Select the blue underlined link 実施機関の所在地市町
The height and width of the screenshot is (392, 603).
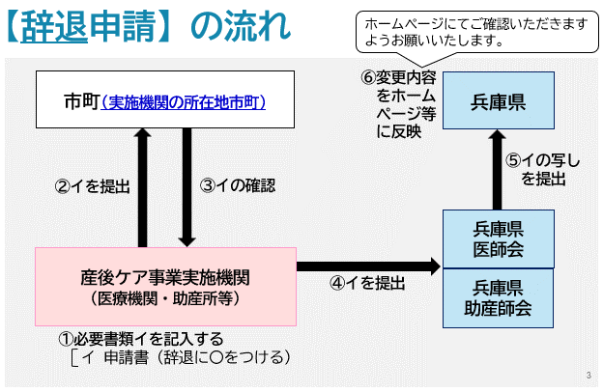pyautogui.click(x=183, y=100)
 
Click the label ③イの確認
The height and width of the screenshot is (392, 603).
pyautogui.click(x=238, y=185)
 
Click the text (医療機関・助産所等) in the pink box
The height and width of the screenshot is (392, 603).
pyautogui.click(x=165, y=298)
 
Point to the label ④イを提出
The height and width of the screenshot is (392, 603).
pyautogui.click(x=367, y=283)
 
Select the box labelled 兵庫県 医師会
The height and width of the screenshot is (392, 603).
pyautogui.click(x=498, y=238)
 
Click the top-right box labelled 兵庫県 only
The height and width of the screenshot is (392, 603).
pyautogui.click(x=498, y=101)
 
